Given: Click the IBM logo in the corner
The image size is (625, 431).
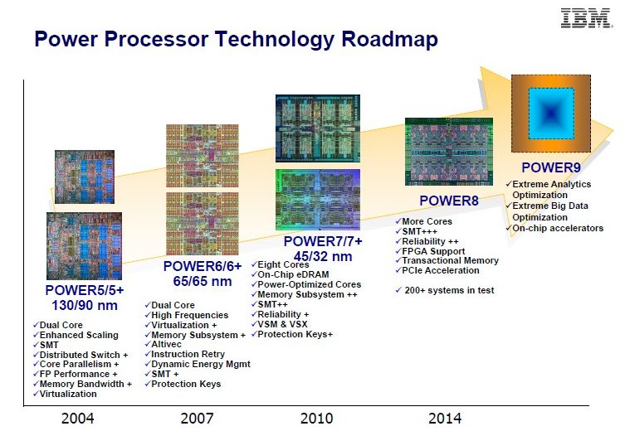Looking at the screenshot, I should pyautogui.click(x=586, y=17).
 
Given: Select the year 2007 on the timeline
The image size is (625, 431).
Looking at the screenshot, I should pyautogui.click(x=197, y=418).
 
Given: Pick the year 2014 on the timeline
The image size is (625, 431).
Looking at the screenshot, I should pyautogui.click(x=445, y=418).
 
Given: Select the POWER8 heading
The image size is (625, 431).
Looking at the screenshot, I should pyautogui.click(x=449, y=200).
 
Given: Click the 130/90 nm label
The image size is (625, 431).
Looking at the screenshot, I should pyautogui.click(x=84, y=305).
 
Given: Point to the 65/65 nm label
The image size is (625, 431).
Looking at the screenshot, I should pyautogui.click(x=202, y=281).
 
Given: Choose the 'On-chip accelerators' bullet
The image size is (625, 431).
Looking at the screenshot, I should pyautogui.click(x=557, y=228).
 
